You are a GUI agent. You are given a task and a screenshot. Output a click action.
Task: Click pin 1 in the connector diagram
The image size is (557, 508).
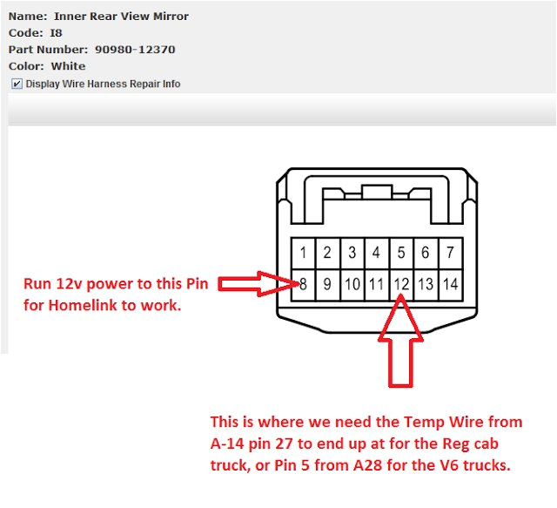[x=303, y=253]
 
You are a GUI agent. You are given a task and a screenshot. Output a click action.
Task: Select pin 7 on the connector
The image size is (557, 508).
[x=450, y=253]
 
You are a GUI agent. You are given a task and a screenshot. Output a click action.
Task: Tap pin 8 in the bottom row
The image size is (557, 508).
[x=303, y=283]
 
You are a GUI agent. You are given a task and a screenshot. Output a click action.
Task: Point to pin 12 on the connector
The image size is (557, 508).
[x=401, y=283]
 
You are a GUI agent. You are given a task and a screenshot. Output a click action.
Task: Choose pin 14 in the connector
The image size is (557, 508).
[x=450, y=283]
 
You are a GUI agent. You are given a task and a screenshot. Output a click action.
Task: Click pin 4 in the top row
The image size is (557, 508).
[x=376, y=253]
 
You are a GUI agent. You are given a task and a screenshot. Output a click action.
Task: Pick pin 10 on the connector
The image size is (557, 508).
[x=352, y=283]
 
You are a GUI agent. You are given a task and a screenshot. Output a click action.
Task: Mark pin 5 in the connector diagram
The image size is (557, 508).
[x=401, y=253]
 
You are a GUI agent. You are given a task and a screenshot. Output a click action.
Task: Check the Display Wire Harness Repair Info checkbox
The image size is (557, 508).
[x=17, y=84]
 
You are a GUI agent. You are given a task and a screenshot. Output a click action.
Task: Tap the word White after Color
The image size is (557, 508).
[x=68, y=66]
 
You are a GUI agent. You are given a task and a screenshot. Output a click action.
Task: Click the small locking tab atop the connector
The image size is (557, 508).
[x=376, y=193]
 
